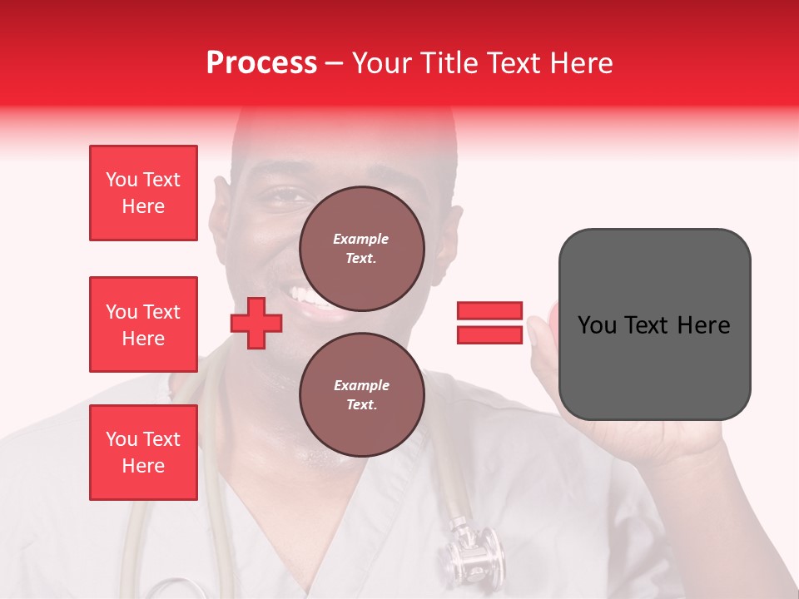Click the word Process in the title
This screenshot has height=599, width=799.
pyautogui.click(x=261, y=63)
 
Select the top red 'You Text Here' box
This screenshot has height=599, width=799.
pyautogui.click(x=143, y=193)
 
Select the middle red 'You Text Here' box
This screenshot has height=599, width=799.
pyautogui.click(x=143, y=324)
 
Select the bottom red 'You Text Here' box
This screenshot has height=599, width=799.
pyautogui.click(x=143, y=452)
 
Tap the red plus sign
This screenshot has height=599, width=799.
pyautogui.click(x=256, y=323)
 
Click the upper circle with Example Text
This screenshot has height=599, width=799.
pyautogui.click(x=361, y=248)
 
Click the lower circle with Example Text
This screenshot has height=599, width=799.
pyautogui.click(x=361, y=394)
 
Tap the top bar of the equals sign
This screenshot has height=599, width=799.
pyautogui.click(x=489, y=310)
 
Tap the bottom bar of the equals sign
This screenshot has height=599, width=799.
pyautogui.click(x=489, y=334)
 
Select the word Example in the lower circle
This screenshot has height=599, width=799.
pyautogui.click(x=361, y=385)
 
